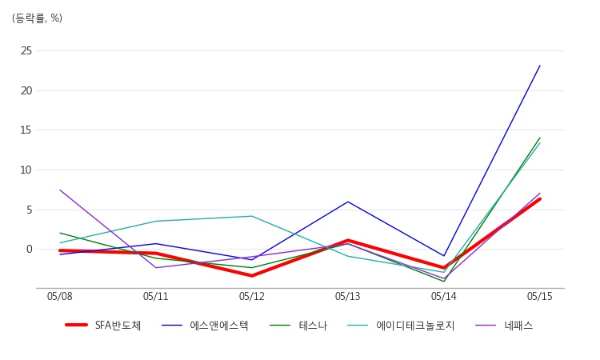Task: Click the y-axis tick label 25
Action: pyautogui.click(x=26, y=50)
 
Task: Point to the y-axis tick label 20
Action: pyautogui.click(x=26, y=90)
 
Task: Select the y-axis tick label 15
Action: pyautogui.click(x=26, y=130)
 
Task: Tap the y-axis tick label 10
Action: pyautogui.click(x=26, y=170)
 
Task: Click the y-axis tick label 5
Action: pyautogui.click(x=29, y=210)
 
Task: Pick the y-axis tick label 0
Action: pyautogui.click(x=29, y=249)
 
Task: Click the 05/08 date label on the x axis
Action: pyautogui.click(x=60, y=297)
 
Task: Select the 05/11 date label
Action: pyautogui.click(x=156, y=297)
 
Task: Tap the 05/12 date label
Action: pyautogui.click(x=252, y=297)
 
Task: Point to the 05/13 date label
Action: pyautogui.click(x=348, y=297)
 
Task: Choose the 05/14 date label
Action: pyautogui.click(x=444, y=297)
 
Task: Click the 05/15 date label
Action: pyautogui.click(x=540, y=297)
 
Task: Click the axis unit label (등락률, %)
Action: pyautogui.click(x=37, y=18)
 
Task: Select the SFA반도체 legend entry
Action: pyautogui.click(x=103, y=326)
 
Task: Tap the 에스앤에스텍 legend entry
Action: pyautogui.click(x=205, y=326)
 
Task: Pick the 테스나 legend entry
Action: pyautogui.click(x=298, y=326)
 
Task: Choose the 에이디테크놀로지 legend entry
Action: pyautogui.click(x=401, y=326)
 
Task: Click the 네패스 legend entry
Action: pyautogui.click(x=504, y=326)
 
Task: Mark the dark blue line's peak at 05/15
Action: pyautogui.click(x=540, y=66)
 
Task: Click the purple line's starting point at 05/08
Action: pyautogui.click(x=60, y=190)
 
